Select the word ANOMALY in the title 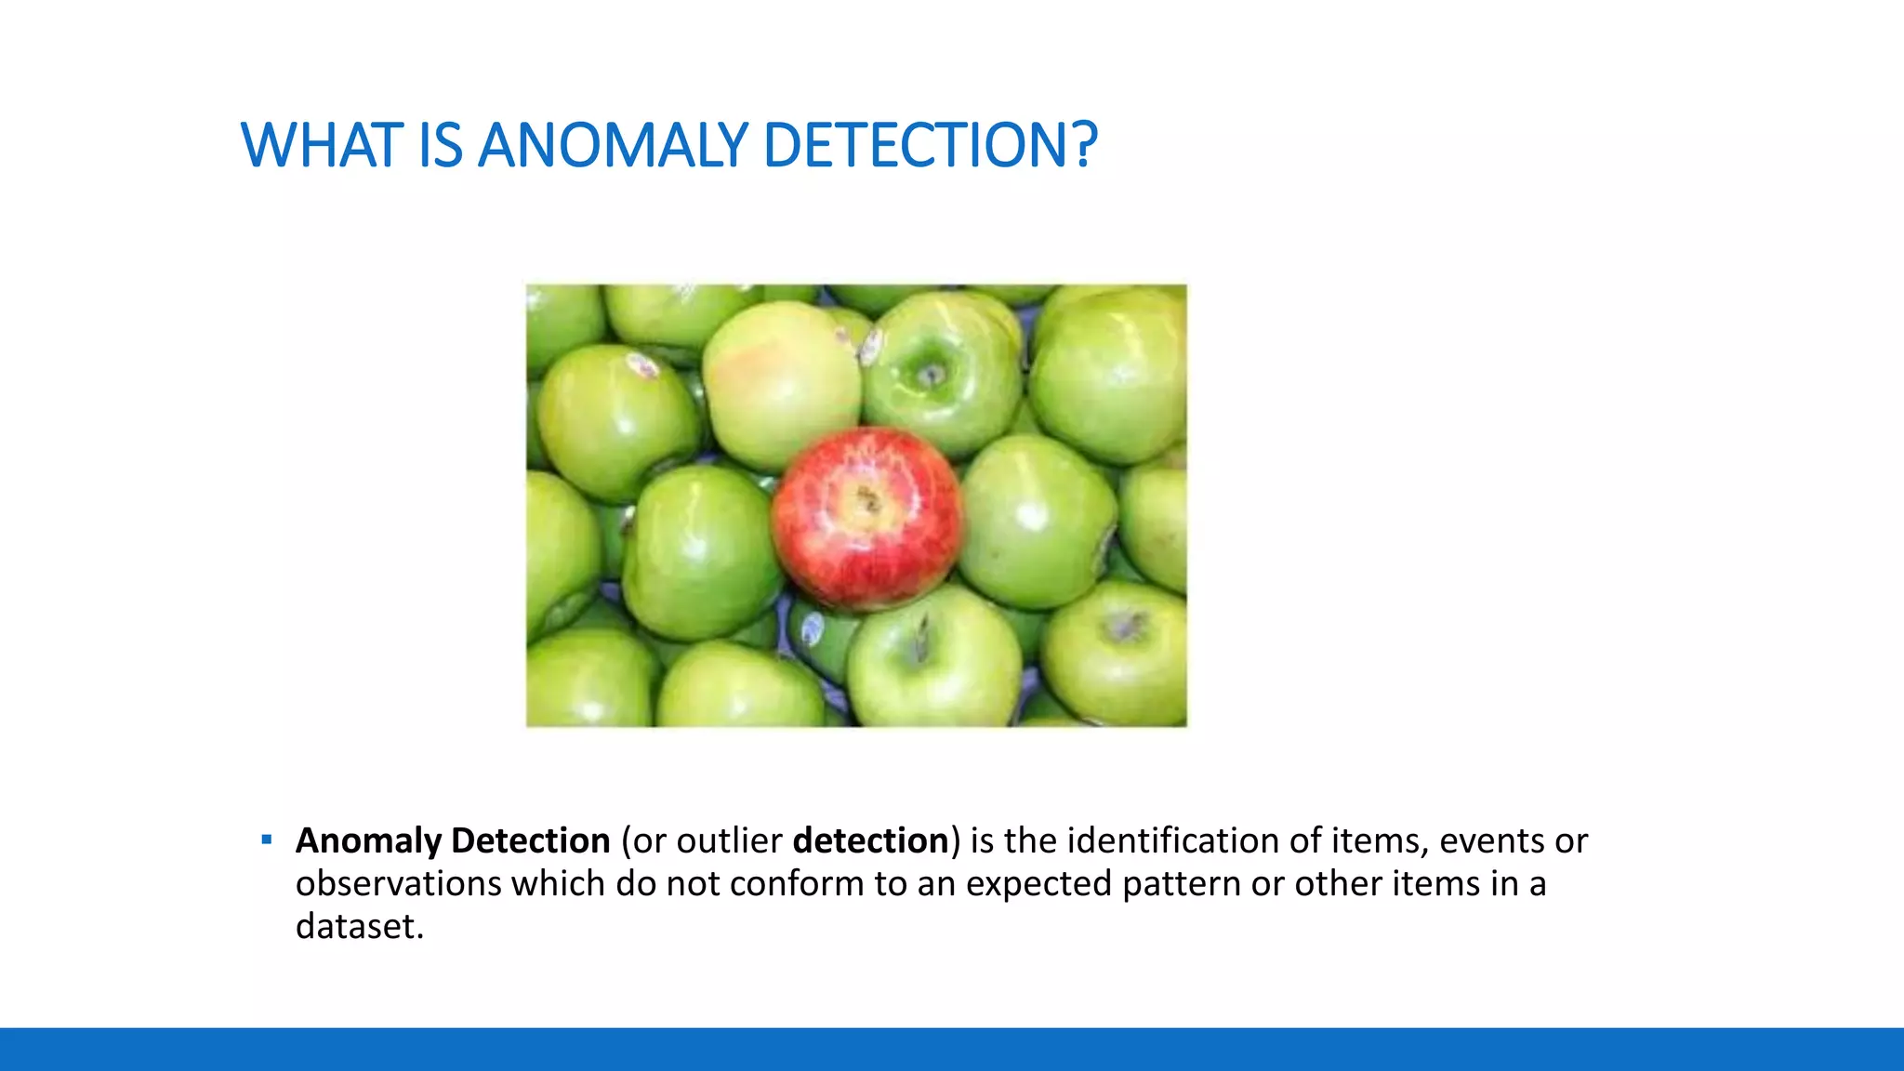[613, 146]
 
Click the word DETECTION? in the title [930, 146]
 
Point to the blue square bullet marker [267, 840]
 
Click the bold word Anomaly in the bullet [368, 841]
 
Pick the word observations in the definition [398, 883]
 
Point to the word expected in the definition [1038, 884]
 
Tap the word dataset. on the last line [359, 926]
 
